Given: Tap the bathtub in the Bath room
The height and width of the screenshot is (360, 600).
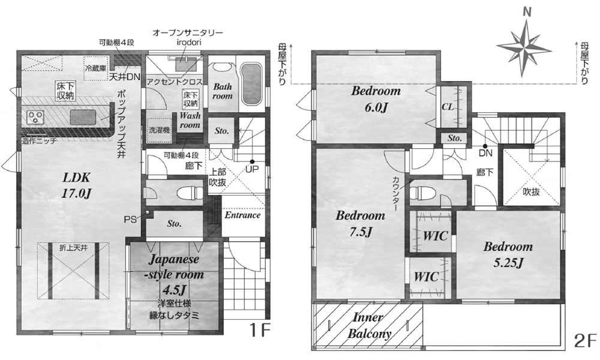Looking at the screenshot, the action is point(251,83).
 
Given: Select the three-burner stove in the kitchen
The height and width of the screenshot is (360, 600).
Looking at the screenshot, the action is point(35,116).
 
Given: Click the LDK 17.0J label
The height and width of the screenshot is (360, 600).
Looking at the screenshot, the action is point(77,185).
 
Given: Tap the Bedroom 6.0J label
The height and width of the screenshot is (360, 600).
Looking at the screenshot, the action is point(376,99).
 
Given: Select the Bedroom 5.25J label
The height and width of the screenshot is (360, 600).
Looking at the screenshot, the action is point(508,254).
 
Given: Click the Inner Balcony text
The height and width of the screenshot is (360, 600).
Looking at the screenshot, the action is point(369,325).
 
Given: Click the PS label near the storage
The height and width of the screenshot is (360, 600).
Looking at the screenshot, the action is point(130,220).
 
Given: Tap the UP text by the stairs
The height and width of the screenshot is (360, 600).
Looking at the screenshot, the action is point(252,169).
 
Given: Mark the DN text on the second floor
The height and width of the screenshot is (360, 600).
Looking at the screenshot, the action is point(485,154).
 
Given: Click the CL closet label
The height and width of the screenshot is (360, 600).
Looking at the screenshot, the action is point(448,107).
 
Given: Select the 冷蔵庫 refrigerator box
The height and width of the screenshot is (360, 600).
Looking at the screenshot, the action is point(95,69).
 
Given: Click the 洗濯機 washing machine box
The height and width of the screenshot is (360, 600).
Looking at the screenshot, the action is point(159,130).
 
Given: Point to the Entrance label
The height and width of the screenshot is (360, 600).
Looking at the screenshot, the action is point(242,215).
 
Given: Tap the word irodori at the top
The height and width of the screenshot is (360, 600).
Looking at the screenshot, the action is point(188,42).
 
